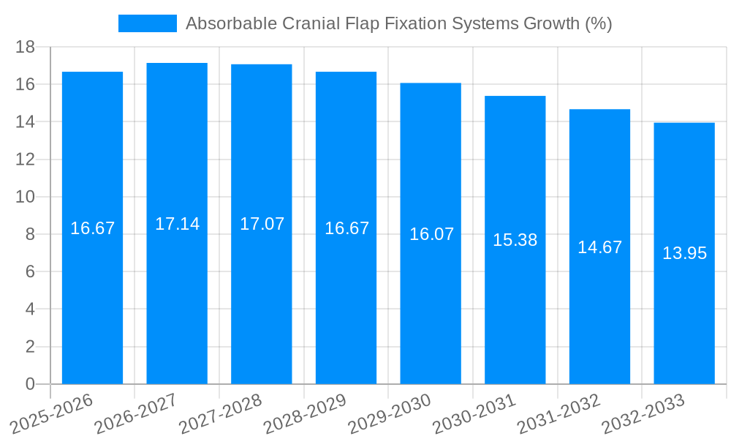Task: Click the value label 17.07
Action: click(x=262, y=224)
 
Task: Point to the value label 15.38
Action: click(x=515, y=240)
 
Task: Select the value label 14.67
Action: click(x=599, y=247)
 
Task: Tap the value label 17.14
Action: click(x=177, y=224)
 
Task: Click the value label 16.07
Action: click(x=431, y=234)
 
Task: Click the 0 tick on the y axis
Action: click(x=30, y=384)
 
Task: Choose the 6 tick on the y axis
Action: click(x=30, y=271)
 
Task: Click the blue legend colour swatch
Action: click(x=148, y=23)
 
